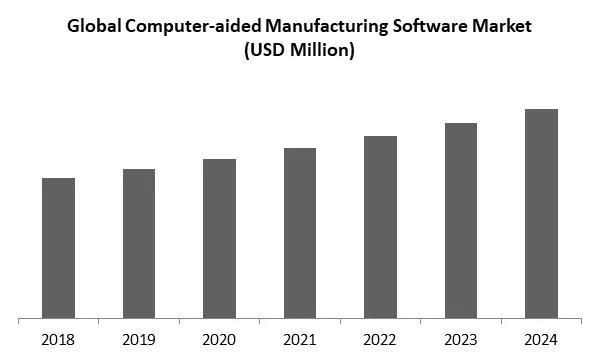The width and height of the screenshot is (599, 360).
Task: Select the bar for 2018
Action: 58,249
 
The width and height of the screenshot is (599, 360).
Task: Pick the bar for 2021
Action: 300,234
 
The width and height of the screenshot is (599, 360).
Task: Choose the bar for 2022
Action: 380,228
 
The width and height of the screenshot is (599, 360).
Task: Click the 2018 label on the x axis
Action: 58,340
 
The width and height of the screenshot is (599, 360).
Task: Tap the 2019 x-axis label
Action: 139,340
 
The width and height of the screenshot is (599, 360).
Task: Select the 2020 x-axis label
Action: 219,340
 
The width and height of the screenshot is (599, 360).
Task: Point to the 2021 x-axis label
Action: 300,340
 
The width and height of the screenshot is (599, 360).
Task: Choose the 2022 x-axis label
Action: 380,340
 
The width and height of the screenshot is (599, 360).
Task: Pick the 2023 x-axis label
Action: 461,340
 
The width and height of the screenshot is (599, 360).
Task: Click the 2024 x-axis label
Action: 541,340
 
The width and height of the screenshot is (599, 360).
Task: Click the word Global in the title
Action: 93,27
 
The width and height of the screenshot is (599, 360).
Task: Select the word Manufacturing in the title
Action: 312,27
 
